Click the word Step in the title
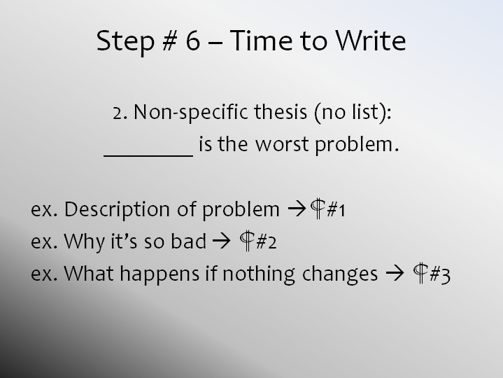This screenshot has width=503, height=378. [x=125, y=42]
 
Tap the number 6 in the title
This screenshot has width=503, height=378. [x=193, y=41]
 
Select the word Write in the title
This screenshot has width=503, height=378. [x=371, y=41]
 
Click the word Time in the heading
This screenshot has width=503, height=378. [x=261, y=41]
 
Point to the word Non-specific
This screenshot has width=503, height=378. [x=191, y=113]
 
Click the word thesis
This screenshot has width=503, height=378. [x=281, y=112]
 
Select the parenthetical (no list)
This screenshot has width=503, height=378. [x=353, y=113]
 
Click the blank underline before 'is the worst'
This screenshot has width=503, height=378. [x=148, y=156]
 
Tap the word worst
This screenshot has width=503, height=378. [x=282, y=145]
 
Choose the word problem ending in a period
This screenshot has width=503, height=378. [x=357, y=146]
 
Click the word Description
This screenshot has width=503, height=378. [x=117, y=210]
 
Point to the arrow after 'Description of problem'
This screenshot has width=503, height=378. [x=297, y=209]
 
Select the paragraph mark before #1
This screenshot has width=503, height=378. [x=318, y=209]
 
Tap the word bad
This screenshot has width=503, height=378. [x=188, y=241]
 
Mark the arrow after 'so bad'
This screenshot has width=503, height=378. [x=221, y=241]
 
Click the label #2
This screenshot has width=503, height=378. [x=266, y=242]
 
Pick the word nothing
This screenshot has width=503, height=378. [x=259, y=274]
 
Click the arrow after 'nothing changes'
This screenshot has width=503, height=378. [x=395, y=274]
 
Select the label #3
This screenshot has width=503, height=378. [x=440, y=275]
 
